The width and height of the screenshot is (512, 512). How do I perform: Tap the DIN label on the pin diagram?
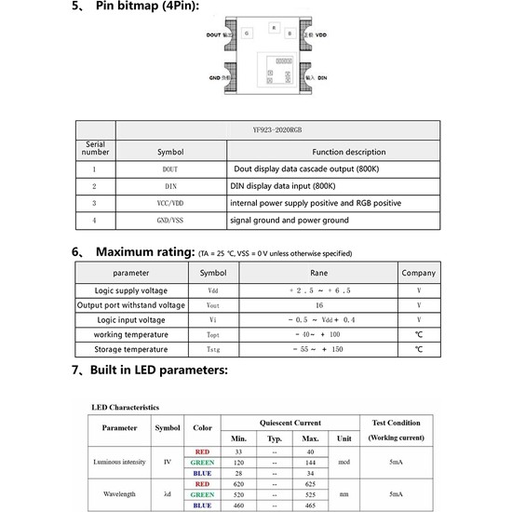point(322,79)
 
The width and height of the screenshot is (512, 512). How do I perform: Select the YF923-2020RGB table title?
point(277,130)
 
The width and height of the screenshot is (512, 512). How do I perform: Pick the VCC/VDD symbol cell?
point(170,202)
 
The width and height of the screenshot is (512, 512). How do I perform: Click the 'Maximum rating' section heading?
point(144,252)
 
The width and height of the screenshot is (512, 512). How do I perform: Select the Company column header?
point(418,274)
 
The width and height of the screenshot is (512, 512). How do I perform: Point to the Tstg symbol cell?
point(213,349)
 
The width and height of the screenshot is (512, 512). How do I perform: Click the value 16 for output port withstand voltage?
point(319,304)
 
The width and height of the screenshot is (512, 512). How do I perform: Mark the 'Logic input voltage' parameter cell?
point(130,319)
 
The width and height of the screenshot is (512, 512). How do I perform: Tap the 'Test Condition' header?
point(396,422)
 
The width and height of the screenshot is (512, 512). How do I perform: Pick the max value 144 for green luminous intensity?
point(310,462)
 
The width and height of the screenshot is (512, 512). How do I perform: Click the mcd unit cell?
point(345,462)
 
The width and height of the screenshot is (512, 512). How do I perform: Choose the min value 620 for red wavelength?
point(239,484)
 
